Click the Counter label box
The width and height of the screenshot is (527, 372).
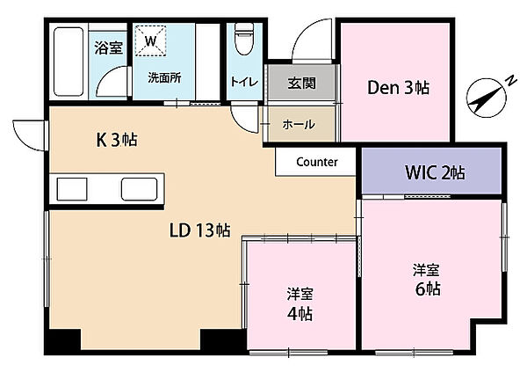tap(317, 162)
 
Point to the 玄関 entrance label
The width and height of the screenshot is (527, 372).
tap(300, 84)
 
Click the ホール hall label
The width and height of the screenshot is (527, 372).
tap(299, 125)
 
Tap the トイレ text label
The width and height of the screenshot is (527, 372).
tap(243, 82)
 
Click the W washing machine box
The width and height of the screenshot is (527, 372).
tap(151, 41)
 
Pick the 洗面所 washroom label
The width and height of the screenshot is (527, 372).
tap(163, 77)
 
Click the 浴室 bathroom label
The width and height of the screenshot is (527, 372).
tap(108, 48)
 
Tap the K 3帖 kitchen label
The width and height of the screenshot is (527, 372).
tap(116, 138)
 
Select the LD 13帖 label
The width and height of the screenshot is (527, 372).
tap(199, 230)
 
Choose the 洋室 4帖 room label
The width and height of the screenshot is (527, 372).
tap(300, 304)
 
